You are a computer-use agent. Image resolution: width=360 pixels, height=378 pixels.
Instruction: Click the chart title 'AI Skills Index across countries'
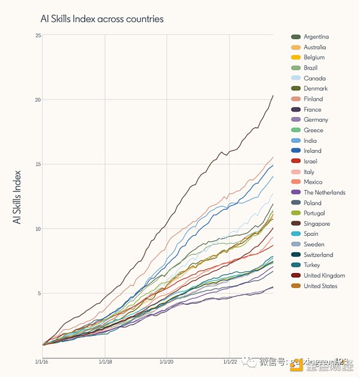coord(101,19)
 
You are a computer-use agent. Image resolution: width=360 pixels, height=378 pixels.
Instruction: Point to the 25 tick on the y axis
coord(38,36)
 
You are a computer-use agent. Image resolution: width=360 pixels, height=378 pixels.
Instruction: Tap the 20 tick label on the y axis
coord(38,100)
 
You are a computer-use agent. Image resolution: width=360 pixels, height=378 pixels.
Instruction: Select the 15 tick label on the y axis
coord(38,164)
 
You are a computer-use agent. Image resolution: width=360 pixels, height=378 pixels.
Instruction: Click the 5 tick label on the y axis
coord(39,293)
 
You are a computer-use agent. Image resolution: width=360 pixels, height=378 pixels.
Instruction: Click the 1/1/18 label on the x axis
coord(105,362)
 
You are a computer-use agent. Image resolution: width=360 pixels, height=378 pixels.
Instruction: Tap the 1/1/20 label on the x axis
coord(167,362)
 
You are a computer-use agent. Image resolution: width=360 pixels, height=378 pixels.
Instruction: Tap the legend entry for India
coord(310,141)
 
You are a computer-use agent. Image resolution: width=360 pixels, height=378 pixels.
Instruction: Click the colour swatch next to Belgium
coord(296,58)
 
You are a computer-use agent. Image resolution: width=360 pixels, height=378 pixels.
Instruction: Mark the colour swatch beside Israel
coord(296,161)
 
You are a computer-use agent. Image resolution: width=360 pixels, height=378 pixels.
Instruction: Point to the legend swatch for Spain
coord(296,234)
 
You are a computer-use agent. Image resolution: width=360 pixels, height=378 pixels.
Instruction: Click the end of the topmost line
coord(273,95)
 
